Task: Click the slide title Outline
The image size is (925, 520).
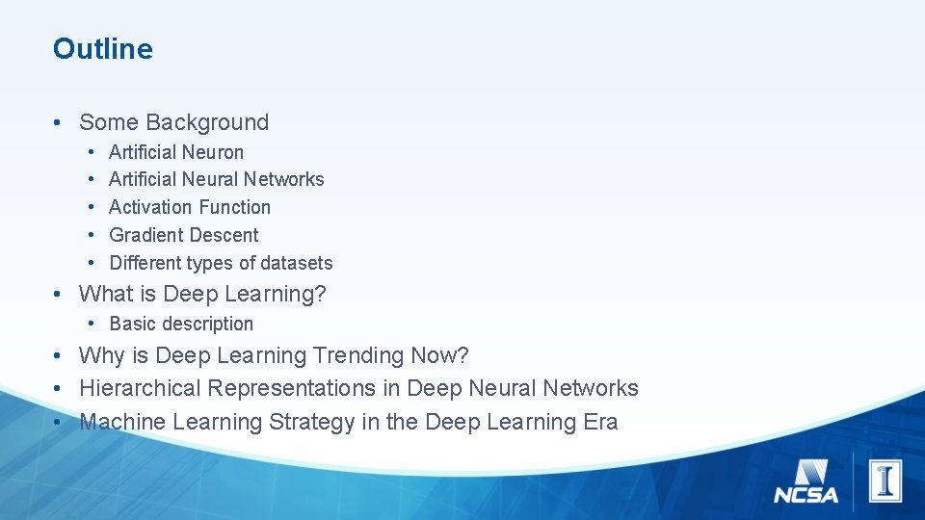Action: pyautogui.click(x=103, y=49)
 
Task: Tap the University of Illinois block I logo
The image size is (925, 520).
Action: pyautogui.click(x=884, y=480)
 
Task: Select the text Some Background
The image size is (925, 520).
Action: pyautogui.click(x=173, y=122)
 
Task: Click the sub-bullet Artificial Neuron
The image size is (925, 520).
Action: pyautogui.click(x=176, y=152)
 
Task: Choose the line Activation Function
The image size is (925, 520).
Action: pyautogui.click(x=190, y=207)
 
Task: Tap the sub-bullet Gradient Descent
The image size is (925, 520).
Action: pyautogui.click(x=184, y=235)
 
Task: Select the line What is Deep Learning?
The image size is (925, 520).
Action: pyautogui.click(x=202, y=294)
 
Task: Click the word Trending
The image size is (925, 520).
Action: pyautogui.click(x=359, y=355)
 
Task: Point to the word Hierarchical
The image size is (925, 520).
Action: pyautogui.click(x=141, y=388)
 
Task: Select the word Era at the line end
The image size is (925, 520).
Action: pyautogui.click(x=600, y=422)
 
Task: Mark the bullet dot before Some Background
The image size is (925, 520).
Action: pyautogui.click(x=59, y=123)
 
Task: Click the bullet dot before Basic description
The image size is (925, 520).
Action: pyautogui.click(x=90, y=325)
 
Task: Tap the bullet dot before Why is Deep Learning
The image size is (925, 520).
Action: pyautogui.click(x=59, y=356)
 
